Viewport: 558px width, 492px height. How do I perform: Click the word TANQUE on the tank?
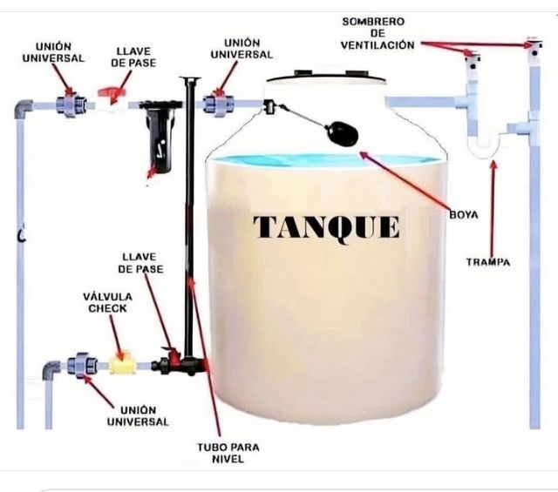[x=326, y=227]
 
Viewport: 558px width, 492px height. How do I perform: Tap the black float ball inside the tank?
[x=342, y=133]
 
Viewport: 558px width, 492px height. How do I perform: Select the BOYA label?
[x=464, y=215]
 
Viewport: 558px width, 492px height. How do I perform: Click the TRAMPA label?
[x=488, y=262]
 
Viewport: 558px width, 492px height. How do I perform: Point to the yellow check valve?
[x=122, y=363]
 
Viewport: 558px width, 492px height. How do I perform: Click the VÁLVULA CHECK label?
[x=107, y=302]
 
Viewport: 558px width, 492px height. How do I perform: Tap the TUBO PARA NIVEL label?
[x=228, y=453]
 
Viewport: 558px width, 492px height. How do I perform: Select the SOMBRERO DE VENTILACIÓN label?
[x=377, y=33]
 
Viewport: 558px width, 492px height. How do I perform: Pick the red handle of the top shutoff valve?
[x=112, y=94]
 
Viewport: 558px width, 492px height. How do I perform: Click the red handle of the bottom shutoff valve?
[x=172, y=354]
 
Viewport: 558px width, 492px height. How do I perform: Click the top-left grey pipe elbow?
[x=24, y=109]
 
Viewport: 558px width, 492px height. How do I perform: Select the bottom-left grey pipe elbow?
[x=51, y=370]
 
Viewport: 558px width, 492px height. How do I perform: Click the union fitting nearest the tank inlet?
[x=218, y=104]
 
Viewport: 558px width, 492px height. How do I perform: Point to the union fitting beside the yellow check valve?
[x=82, y=365]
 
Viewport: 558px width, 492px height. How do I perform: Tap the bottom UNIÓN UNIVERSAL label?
[x=138, y=416]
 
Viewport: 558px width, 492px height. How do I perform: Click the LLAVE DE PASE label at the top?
[x=133, y=57]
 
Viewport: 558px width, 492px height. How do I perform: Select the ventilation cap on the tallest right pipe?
[x=534, y=46]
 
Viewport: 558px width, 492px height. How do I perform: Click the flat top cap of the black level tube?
[x=190, y=78]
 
